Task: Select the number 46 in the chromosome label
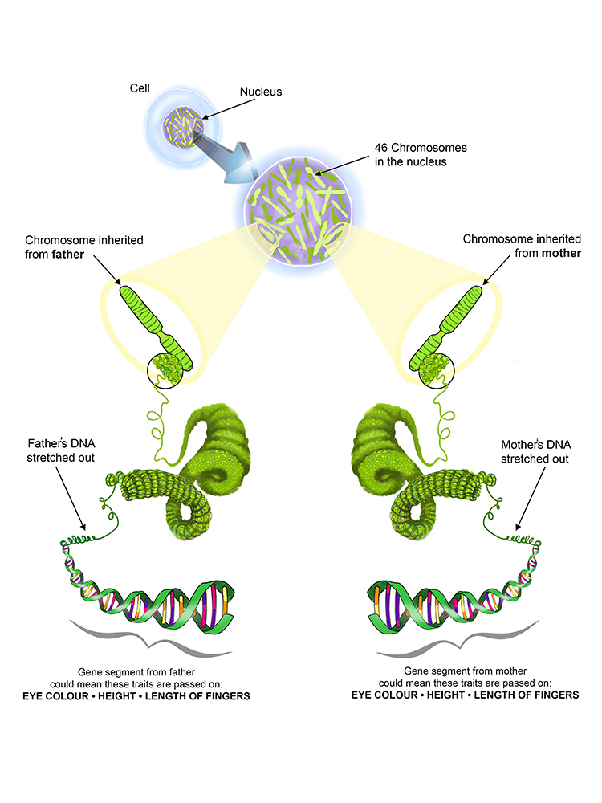(x=381, y=149)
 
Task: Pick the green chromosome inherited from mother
(x=449, y=322)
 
